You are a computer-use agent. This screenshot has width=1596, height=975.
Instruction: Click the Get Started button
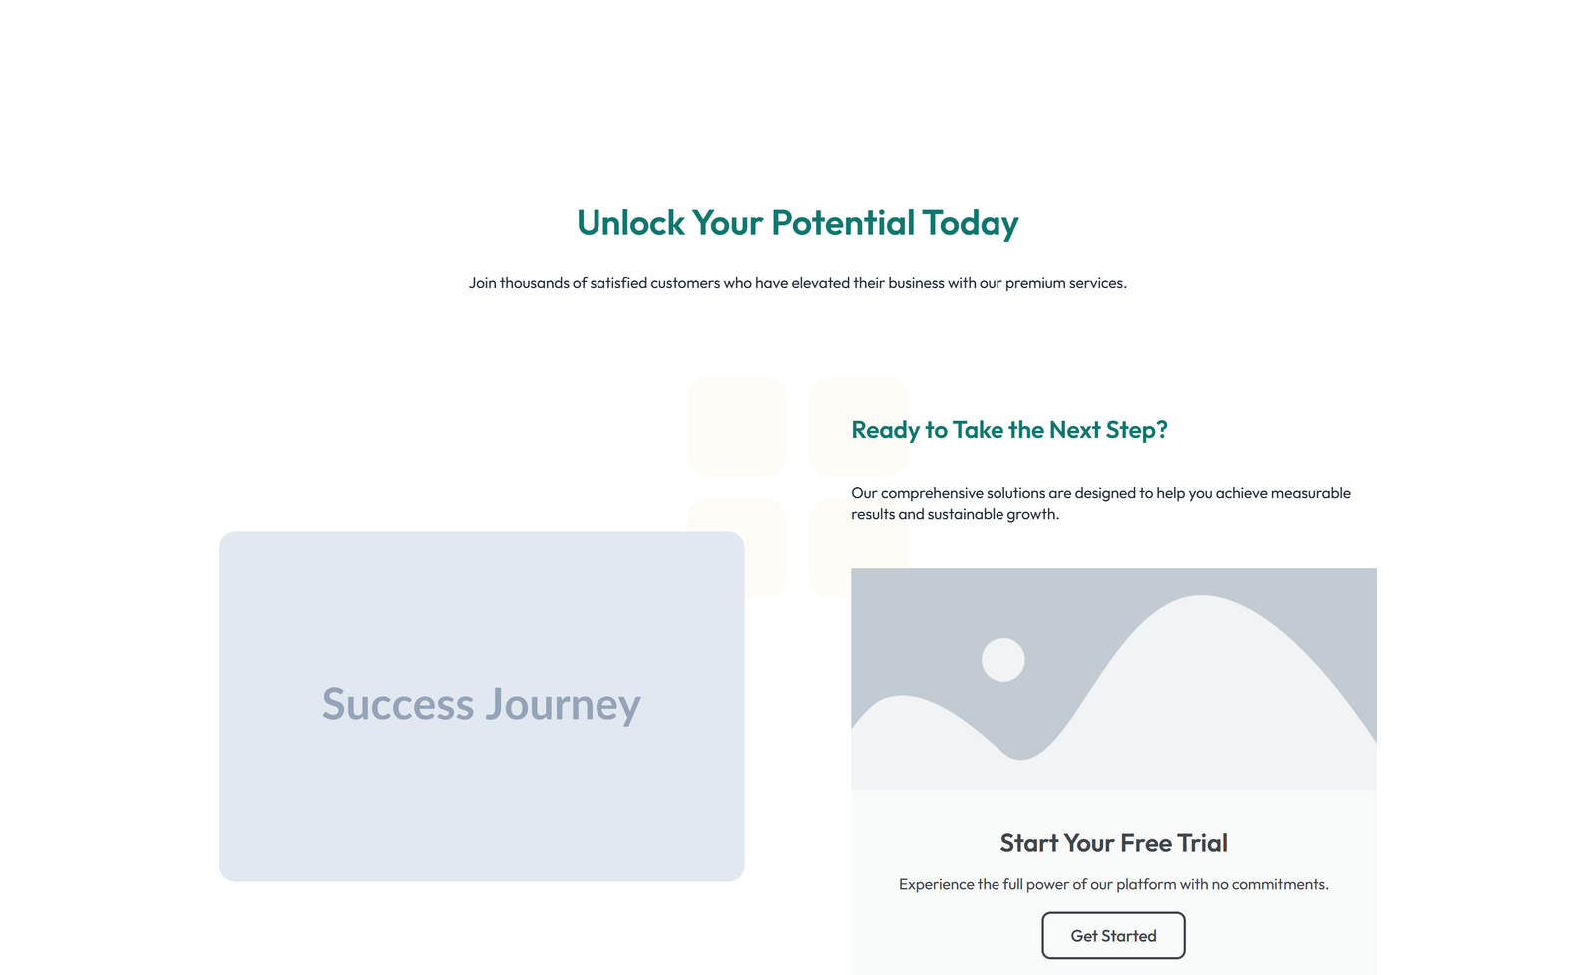(1113, 936)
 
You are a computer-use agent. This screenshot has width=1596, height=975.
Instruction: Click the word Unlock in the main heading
(630, 223)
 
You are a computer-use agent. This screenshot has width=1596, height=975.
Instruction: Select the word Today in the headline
(970, 223)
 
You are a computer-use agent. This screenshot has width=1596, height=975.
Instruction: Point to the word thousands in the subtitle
(534, 283)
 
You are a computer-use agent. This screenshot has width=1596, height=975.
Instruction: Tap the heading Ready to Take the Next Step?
(1008, 430)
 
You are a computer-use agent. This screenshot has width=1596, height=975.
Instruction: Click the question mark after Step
(1161, 430)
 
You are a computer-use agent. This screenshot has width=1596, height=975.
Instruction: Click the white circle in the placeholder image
(1002, 660)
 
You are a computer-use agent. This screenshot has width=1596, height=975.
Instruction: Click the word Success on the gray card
(398, 704)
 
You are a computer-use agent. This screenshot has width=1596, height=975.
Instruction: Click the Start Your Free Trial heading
(1113, 843)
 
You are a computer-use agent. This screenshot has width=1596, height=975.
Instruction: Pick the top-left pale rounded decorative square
(737, 426)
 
